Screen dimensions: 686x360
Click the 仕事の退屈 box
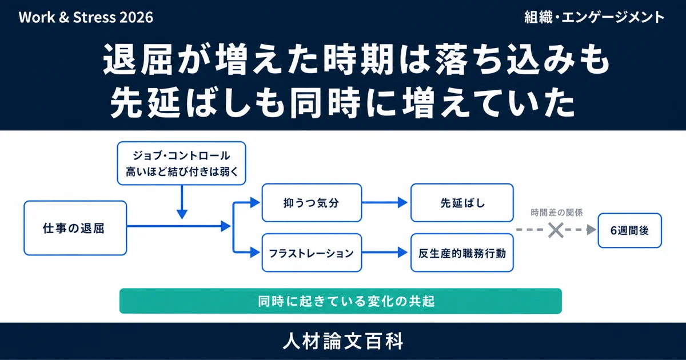click(x=75, y=228)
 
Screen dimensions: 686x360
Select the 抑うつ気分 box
click(x=312, y=203)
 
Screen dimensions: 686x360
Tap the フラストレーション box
click(x=312, y=253)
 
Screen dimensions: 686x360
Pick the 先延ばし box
click(x=462, y=203)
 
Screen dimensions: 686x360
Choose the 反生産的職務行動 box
click(x=462, y=253)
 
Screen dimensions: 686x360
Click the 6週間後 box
click(x=630, y=230)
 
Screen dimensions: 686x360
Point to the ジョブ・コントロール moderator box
click(x=182, y=163)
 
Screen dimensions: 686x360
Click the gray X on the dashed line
click(x=556, y=230)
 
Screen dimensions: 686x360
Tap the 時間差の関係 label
click(x=556, y=213)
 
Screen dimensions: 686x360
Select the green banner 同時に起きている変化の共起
click(x=341, y=301)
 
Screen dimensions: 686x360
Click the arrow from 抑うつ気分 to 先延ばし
click(x=385, y=203)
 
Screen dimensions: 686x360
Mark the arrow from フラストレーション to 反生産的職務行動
click(x=385, y=253)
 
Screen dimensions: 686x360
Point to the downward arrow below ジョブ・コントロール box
click(x=182, y=202)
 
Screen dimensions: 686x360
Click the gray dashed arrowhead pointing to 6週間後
click(x=592, y=230)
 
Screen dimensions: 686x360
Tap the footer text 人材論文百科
click(x=343, y=341)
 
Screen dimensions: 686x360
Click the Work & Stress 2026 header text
click(x=86, y=18)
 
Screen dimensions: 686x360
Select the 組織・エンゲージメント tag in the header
click(x=594, y=17)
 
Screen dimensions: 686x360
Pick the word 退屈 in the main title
click(x=138, y=59)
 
